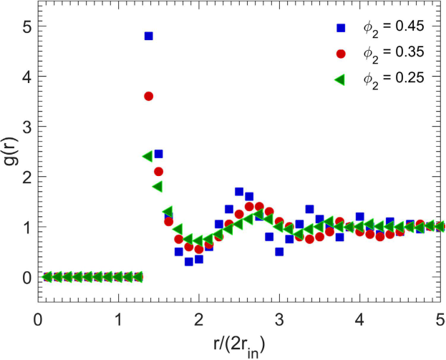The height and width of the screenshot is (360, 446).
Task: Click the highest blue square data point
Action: (x=149, y=36)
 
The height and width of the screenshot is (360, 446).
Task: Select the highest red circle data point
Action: (x=149, y=96)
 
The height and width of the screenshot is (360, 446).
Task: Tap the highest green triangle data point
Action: (x=147, y=156)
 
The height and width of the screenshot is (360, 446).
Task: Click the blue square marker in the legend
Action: (x=341, y=29)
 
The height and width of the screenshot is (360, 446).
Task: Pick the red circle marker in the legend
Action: (x=341, y=54)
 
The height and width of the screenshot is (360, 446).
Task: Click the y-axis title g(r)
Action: (x=10, y=151)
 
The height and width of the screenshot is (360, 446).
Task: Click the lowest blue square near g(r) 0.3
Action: (x=189, y=261)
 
